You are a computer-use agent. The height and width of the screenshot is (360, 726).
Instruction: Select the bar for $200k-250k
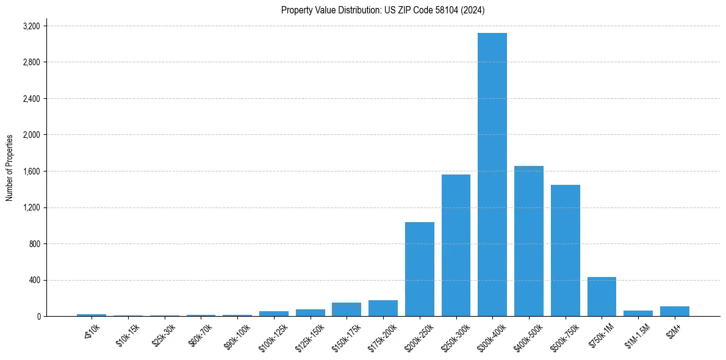(420, 269)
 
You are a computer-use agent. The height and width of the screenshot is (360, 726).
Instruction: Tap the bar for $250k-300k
(456, 245)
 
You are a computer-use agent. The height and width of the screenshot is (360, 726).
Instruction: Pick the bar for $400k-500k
(529, 241)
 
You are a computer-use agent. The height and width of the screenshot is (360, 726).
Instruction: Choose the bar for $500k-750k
(566, 250)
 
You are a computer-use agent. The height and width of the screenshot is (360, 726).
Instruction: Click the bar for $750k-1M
(602, 297)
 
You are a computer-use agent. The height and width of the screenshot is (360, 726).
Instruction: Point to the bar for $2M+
(675, 311)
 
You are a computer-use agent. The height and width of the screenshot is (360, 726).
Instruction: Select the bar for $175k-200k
(383, 308)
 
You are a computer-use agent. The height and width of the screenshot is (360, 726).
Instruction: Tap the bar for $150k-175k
(347, 309)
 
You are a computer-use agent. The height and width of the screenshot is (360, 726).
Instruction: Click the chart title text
(383, 10)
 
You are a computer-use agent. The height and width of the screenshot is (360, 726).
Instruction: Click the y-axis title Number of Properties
(10, 168)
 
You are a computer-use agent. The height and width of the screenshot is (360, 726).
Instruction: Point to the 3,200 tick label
(31, 26)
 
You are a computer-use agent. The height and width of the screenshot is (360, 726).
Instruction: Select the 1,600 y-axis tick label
(31, 171)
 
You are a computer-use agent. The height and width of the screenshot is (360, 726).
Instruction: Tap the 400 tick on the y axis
(34, 280)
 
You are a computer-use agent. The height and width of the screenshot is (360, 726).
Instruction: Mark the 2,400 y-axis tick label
(31, 99)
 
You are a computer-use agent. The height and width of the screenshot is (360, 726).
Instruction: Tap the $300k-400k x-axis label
(492, 337)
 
